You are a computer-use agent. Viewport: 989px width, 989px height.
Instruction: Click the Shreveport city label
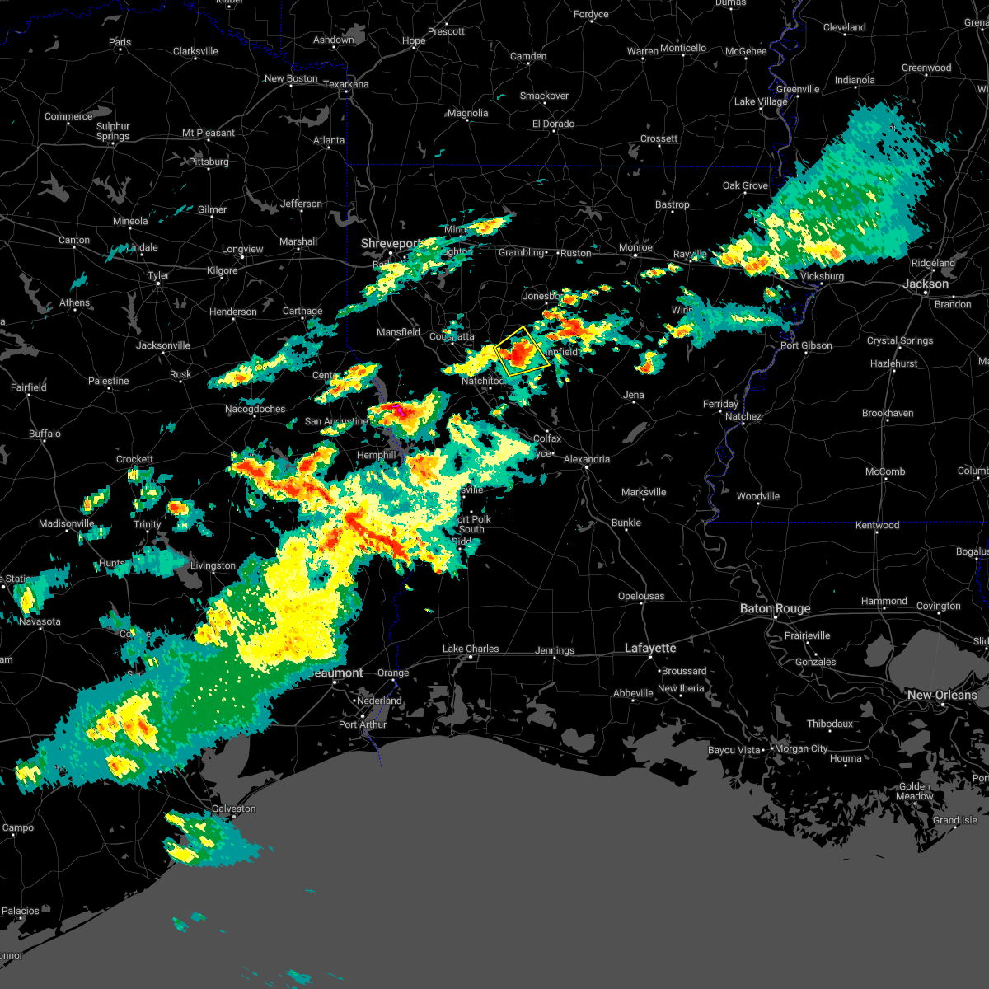[x=391, y=244]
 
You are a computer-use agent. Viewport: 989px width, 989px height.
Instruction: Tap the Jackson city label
[x=926, y=284]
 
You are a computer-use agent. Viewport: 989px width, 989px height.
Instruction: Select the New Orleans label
[x=942, y=695]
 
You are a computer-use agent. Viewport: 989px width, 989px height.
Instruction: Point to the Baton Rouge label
[x=775, y=608]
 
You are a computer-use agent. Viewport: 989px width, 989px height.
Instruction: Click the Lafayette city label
[x=650, y=648]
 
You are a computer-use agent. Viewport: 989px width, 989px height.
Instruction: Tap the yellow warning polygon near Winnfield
[x=522, y=351]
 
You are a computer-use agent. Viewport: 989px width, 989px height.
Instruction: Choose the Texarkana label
[x=345, y=84]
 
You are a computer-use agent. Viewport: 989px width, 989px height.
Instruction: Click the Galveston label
[x=234, y=809]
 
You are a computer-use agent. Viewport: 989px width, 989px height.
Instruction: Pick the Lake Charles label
[x=471, y=649]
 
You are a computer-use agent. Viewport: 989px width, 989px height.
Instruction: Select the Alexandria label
[x=587, y=459]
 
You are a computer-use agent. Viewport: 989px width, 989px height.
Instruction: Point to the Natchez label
[x=743, y=416]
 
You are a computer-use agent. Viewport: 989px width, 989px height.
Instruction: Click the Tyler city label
[x=158, y=275]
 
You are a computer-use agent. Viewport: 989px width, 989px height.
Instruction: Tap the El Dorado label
[x=554, y=124]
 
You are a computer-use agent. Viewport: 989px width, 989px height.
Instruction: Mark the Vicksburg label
[x=822, y=276]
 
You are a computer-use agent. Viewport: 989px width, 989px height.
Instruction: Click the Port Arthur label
[x=363, y=724]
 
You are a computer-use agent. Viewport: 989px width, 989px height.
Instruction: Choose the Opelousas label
[x=641, y=596]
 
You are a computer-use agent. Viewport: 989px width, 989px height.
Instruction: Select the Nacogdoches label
[x=255, y=409]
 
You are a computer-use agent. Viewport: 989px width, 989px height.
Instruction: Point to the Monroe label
[x=635, y=247]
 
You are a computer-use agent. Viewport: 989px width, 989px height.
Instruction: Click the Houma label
[x=846, y=758]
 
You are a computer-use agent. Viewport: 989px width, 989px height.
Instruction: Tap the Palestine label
[x=109, y=381]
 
